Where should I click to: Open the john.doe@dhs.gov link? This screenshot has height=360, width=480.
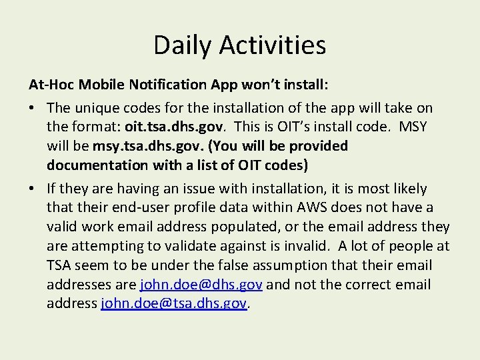pyautogui.click(x=201, y=285)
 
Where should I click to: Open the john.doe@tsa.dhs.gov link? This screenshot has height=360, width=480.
pyautogui.click(x=174, y=303)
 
